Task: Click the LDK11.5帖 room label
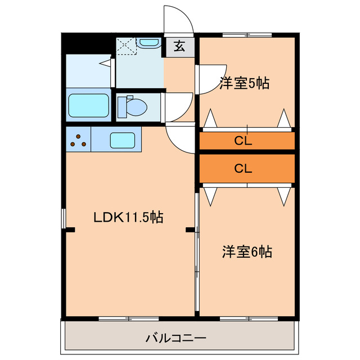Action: tap(128, 217)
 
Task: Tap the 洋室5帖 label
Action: tap(244, 83)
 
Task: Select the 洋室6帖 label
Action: tap(247, 252)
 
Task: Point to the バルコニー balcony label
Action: tap(176, 338)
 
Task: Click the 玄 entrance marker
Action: tap(179, 46)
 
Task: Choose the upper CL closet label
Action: tap(243, 141)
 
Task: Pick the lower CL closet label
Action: tap(243, 169)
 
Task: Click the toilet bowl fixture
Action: tap(133, 107)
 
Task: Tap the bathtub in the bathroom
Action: tap(89, 105)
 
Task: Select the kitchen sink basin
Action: tap(123, 140)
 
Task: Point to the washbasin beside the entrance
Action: tap(148, 43)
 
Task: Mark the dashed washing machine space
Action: tap(127, 46)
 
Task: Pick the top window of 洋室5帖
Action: tap(247, 35)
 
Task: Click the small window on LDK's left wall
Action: tap(64, 218)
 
